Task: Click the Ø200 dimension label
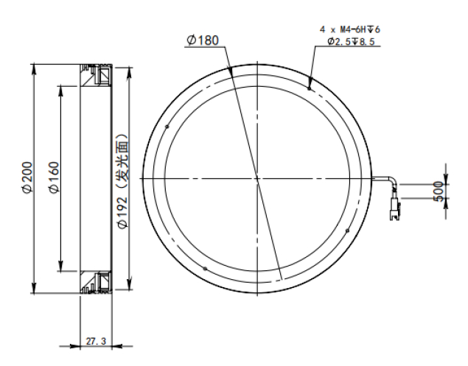click(27, 177)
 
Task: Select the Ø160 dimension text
click(54, 177)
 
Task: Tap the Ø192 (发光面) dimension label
click(123, 182)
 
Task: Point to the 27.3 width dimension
click(96, 341)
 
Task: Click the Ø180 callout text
click(203, 41)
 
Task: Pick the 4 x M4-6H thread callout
click(350, 29)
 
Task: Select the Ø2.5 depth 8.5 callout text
click(351, 41)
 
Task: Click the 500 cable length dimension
click(439, 191)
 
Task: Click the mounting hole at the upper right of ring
click(310, 88)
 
